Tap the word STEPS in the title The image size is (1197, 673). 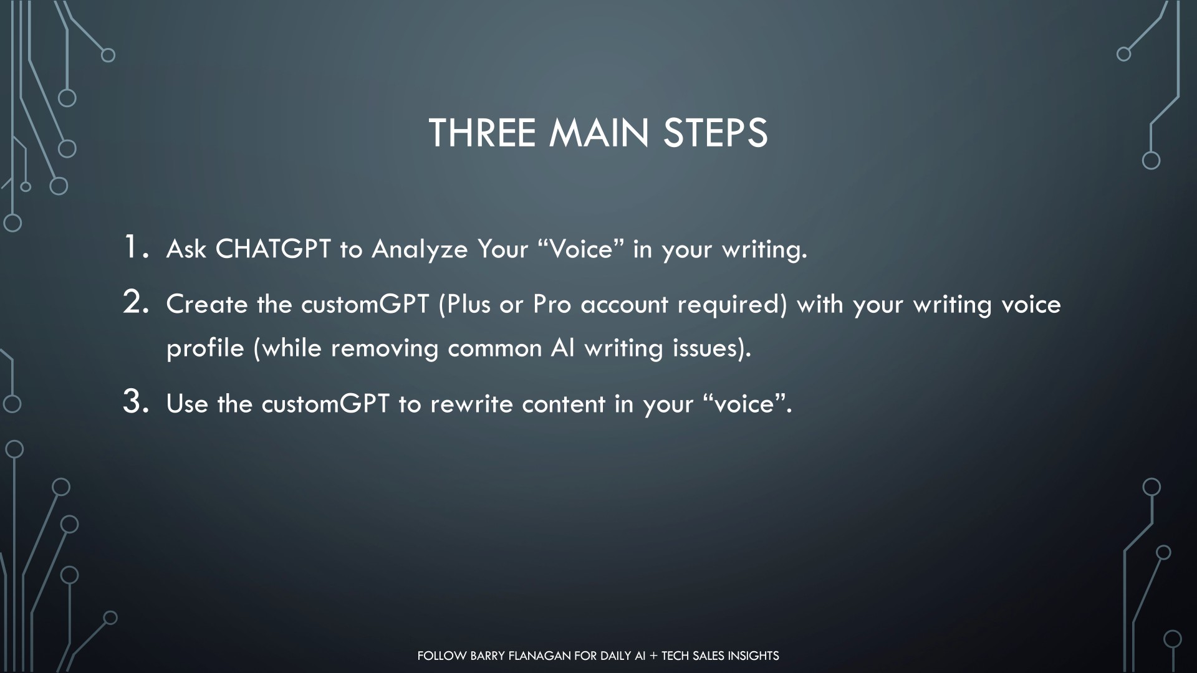715,133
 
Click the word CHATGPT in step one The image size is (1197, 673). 273,249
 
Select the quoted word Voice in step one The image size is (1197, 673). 581,249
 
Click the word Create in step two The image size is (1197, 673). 207,304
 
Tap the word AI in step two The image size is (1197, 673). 562,347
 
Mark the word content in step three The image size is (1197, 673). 564,404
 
